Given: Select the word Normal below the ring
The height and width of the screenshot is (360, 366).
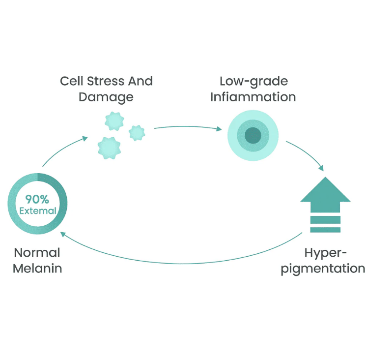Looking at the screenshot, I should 37,253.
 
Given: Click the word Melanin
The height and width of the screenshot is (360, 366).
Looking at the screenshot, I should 37,269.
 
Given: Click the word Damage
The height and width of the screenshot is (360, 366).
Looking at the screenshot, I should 106,97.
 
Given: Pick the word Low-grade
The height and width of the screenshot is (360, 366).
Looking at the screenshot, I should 253,81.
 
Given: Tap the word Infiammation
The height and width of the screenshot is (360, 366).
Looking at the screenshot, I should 253,97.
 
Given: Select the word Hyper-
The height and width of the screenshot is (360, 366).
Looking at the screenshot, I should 326,253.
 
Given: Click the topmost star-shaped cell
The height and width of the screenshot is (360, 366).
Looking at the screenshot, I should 114,120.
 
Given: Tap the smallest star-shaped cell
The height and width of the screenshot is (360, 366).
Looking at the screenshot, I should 136,132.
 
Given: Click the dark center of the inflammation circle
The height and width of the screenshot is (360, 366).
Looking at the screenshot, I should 253,135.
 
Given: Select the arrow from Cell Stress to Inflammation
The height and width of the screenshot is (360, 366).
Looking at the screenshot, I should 187,128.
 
